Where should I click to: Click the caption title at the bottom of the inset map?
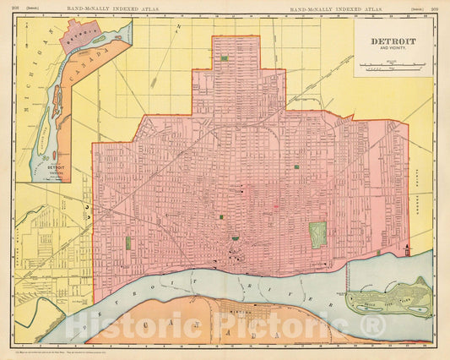58,167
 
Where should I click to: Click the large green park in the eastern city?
317,233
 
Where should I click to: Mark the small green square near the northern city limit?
223,59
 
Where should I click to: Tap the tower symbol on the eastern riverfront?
407,250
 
